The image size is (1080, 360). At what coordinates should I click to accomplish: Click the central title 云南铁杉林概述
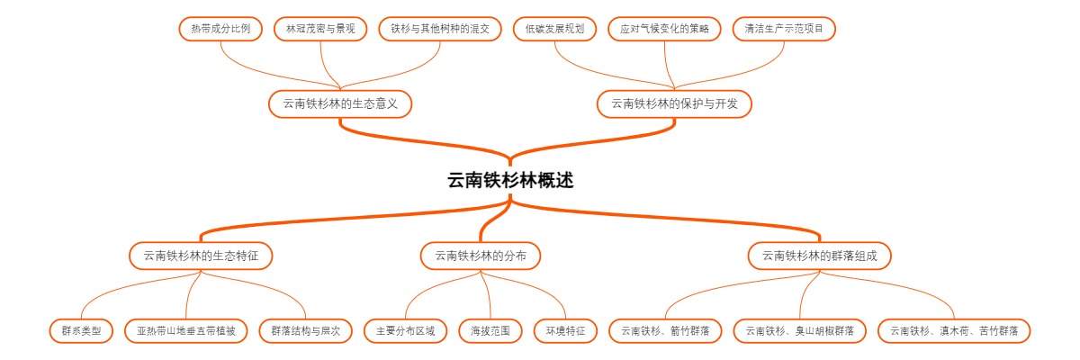click(x=510, y=180)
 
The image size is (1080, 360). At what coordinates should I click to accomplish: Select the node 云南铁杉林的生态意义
click(x=340, y=103)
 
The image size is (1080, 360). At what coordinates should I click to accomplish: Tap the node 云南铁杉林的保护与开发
click(x=674, y=103)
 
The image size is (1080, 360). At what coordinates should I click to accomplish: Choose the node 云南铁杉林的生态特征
click(x=201, y=256)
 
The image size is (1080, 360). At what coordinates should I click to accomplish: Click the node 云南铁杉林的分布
click(x=481, y=256)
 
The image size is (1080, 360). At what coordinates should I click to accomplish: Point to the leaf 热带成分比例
click(x=220, y=29)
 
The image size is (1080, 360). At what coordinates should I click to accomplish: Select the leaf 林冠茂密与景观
click(x=320, y=29)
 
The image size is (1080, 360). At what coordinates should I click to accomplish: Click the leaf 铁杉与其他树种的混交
click(x=440, y=29)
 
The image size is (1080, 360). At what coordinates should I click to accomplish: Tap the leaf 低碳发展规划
click(x=554, y=29)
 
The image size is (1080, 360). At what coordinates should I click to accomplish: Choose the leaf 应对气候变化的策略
click(x=665, y=29)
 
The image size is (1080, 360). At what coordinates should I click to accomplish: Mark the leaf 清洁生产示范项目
click(x=784, y=29)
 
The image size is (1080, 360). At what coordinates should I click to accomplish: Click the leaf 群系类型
click(x=81, y=330)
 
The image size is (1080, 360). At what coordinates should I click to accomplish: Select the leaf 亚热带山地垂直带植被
click(x=186, y=330)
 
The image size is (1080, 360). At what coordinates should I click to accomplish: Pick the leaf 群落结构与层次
click(x=306, y=330)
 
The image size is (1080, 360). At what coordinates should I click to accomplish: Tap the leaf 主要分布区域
click(x=405, y=330)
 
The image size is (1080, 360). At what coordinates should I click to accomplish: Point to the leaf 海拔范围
click(x=490, y=330)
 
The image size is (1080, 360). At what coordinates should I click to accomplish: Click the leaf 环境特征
click(x=565, y=330)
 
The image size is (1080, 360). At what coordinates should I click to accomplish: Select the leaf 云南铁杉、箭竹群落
click(x=665, y=330)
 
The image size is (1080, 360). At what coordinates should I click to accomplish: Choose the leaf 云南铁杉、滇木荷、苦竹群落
click(x=954, y=330)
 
